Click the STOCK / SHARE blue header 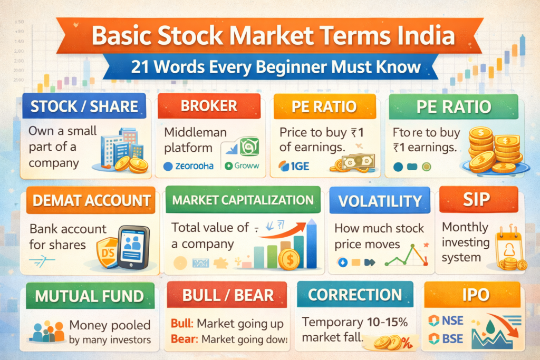point(84,107)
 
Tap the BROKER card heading point(209,106)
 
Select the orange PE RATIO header point(324,107)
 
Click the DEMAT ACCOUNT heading point(88,200)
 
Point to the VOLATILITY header point(380,201)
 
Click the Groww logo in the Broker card point(241,166)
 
